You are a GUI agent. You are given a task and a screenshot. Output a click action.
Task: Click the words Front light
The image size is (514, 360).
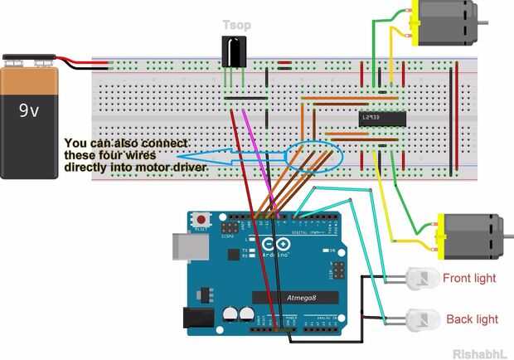[x=469, y=279]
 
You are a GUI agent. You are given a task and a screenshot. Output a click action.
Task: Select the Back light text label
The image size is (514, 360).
[x=472, y=319]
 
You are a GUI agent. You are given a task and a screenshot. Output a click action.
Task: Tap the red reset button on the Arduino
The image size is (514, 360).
[x=201, y=220]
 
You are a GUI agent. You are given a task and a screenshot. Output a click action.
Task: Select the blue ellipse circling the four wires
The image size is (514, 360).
[x=313, y=157]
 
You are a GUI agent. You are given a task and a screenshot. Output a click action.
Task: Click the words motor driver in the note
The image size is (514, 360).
[x=170, y=168]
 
